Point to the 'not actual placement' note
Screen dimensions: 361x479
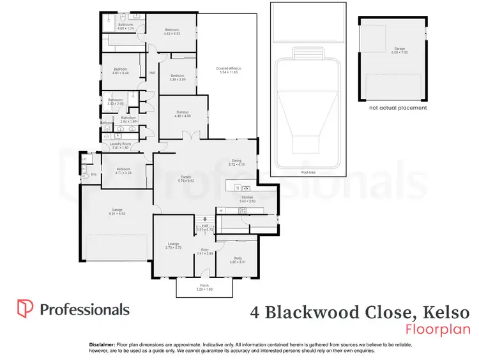(x=398, y=108)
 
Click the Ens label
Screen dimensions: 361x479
(x=93, y=174)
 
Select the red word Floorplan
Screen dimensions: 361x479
(x=437, y=329)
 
